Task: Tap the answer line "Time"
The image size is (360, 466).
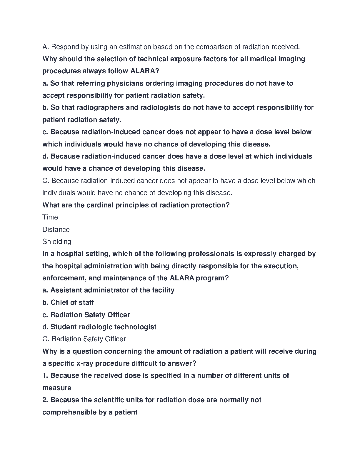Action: pos(50,217)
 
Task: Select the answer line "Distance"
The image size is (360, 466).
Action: pos(56,229)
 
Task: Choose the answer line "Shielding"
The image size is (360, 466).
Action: pos(57,242)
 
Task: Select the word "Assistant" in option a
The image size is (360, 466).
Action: pos(66,290)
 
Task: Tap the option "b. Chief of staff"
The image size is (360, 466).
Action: pos(68,302)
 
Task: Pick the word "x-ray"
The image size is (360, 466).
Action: pos(85,363)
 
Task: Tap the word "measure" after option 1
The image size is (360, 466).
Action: pos(57,388)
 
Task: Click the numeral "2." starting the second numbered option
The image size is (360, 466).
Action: pos(45,400)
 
